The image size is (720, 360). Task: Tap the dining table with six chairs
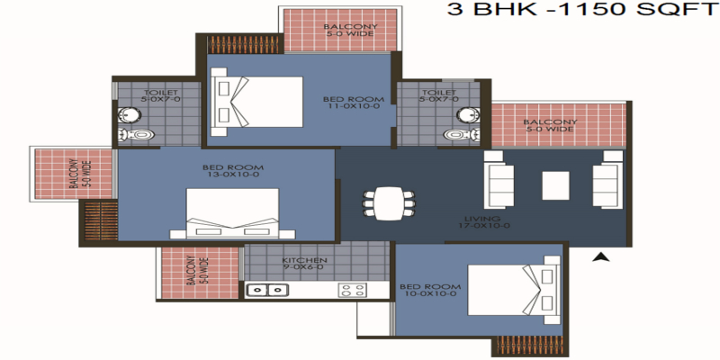coord(389,203)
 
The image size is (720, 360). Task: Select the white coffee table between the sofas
coord(555,185)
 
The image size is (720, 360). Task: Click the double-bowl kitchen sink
coord(267,290)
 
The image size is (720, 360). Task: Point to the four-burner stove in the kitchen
coord(352,290)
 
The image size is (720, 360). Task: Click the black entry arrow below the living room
coord(600,257)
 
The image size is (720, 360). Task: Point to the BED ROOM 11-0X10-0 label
coord(353,103)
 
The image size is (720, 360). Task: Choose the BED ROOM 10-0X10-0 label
coord(430,290)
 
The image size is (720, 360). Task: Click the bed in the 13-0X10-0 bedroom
coord(232,213)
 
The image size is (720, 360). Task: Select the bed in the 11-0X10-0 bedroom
coord(256,102)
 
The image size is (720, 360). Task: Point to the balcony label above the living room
coord(550,125)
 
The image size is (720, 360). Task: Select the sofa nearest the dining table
coord(499,179)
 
